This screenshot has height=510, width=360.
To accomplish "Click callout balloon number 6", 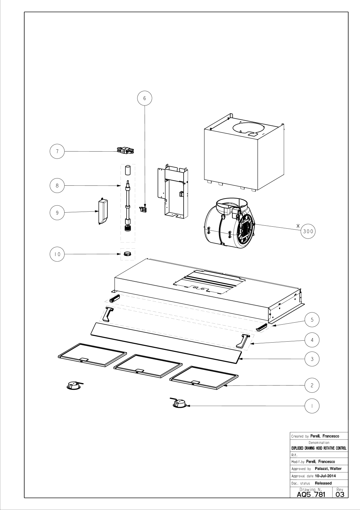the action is click(x=145, y=98).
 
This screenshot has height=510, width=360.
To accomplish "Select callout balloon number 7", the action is click(x=57, y=151).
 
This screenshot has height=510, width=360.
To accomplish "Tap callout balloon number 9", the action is click(x=57, y=213).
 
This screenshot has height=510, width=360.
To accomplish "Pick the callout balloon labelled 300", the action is click(x=308, y=231).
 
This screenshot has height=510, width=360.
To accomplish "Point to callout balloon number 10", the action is click(x=57, y=254).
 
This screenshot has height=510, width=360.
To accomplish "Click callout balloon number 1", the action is click(x=312, y=406).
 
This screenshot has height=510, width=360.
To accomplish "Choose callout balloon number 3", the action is click(x=312, y=359).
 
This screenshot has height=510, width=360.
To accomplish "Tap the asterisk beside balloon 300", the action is click(x=298, y=226).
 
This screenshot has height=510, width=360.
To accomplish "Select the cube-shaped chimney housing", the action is click(x=244, y=152).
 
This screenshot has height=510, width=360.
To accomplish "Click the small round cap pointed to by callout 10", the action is click(x=128, y=254).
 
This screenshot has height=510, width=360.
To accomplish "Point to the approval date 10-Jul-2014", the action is click(x=325, y=476).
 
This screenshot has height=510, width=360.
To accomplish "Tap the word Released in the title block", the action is click(x=323, y=483).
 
